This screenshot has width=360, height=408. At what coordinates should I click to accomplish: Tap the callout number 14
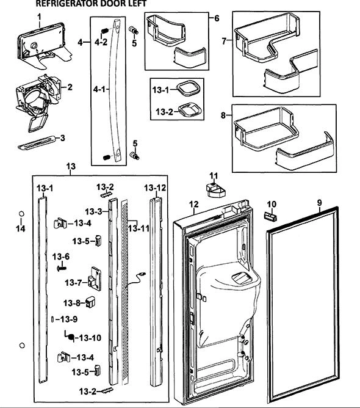(x=21, y=228)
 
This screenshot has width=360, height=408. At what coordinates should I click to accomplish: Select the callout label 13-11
(x=139, y=228)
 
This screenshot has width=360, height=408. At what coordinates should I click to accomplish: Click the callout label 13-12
(x=155, y=188)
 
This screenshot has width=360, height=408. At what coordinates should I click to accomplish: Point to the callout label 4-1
(x=99, y=89)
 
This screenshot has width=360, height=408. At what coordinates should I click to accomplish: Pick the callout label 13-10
(x=90, y=338)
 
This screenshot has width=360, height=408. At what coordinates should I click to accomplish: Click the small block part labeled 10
(x=270, y=216)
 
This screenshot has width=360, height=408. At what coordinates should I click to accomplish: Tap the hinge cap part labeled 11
(x=215, y=190)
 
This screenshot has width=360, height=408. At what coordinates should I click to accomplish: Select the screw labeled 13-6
(x=62, y=268)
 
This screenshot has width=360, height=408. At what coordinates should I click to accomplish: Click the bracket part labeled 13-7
(x=95, y=279)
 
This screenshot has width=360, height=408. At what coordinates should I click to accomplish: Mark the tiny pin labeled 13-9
(x=52, y=319)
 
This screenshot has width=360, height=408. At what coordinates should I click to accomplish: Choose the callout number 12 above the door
(x=194, y=205)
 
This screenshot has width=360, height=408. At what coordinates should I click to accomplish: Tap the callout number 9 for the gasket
(x=320, y=202)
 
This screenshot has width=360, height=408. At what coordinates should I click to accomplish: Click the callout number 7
(x=225, y=41)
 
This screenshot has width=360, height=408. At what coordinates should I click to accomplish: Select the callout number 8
(x=223, y=115)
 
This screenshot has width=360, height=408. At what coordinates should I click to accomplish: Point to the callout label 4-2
(x=101, y=42)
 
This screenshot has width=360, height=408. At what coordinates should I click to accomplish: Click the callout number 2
(x=70, y=87)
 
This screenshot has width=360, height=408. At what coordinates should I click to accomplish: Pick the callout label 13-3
(x=94, y=211)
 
